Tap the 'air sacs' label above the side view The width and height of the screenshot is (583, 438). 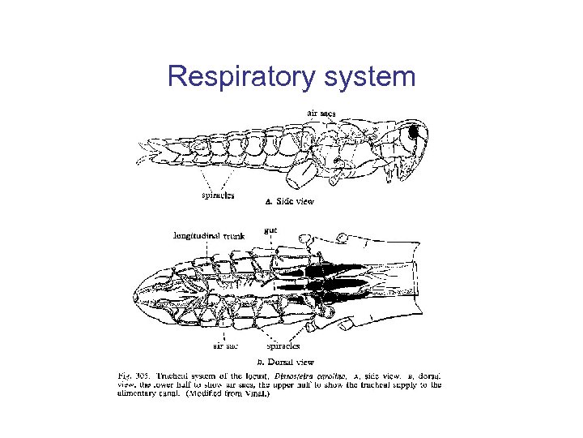pyautogui.click(x=321, y=113)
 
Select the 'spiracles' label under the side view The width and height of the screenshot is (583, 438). pyautogui.click(x=218, y=195)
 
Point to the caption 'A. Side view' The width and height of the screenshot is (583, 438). pyautogui.click(x=291, y=200)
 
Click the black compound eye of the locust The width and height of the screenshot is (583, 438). pyautogui.click(x=414, y=131)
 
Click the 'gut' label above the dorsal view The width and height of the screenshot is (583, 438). pyautogui.click(x=271, y=230)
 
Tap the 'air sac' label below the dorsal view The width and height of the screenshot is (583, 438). pyautogui.click(x=225, y=346)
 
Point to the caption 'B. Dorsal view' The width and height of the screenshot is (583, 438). pyautogui.click(x=285, y=362)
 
